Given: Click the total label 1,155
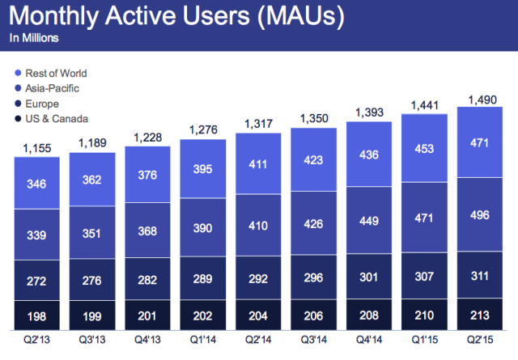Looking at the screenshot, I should (x=36, y=149).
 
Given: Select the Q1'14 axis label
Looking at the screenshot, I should (x=203, y=341).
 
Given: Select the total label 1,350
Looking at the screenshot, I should (x=313, y=119).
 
